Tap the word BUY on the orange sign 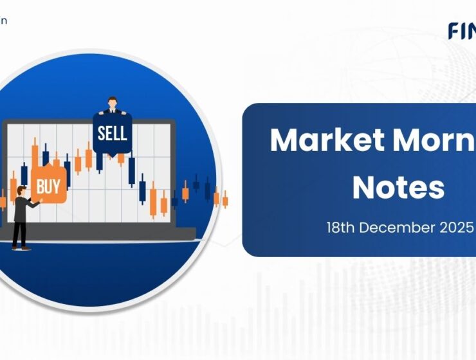tap(48, 187)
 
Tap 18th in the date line tap(340, 228)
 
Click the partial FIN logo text tap(462, 31)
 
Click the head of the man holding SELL tap(113, 102)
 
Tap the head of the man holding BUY tap(21, 190)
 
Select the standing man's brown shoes tap(20, 248)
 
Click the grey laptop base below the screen tap(103, 233)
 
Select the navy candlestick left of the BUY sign tap(24, 174)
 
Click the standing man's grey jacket tap(21, 209)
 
